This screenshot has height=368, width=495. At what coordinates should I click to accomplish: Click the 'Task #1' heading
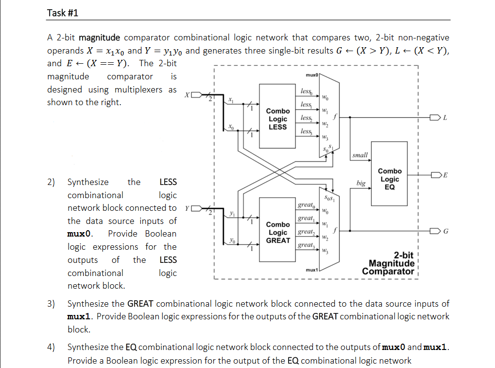(63, 13)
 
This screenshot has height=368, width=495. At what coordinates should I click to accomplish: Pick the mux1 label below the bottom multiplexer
(311, 269)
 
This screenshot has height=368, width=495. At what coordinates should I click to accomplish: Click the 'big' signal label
(360, 184)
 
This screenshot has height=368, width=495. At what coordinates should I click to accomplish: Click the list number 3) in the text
(51, 304)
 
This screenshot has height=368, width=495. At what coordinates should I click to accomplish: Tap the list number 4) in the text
(51, 347)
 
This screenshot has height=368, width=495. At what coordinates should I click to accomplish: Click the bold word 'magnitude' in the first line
(99, 37)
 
